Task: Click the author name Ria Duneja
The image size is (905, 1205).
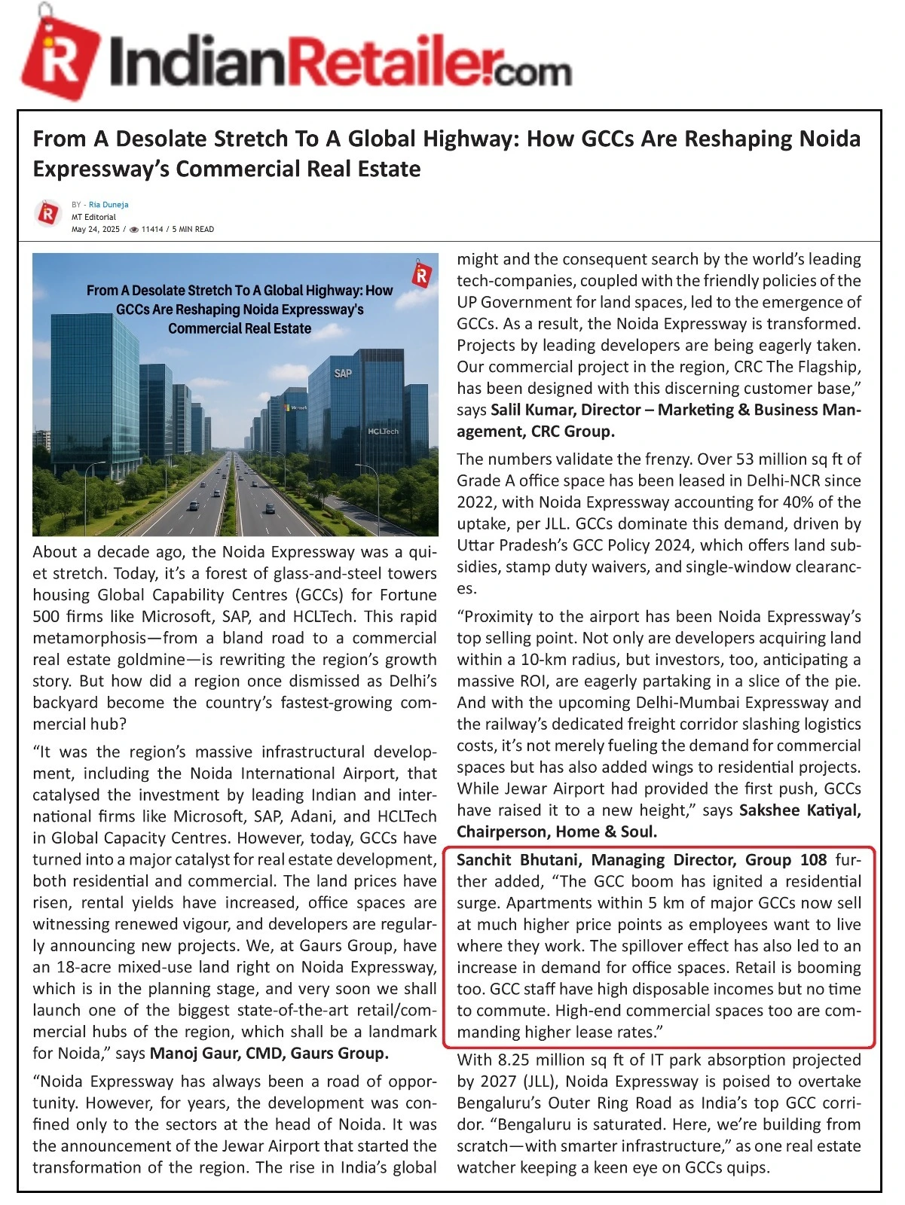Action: (x=109, y=205)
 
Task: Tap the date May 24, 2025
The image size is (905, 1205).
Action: (x=96, y=230)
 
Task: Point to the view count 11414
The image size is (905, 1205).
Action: (x=152, y=230)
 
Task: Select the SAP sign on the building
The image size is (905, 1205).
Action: (x=343, y=374)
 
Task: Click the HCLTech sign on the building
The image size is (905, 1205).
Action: (x=383, y=432)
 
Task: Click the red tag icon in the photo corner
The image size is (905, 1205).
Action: (x=422, y=275)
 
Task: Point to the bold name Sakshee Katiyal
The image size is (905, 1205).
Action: (x=800, y=810)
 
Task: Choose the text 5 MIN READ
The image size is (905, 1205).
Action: (x=193, y=230)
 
